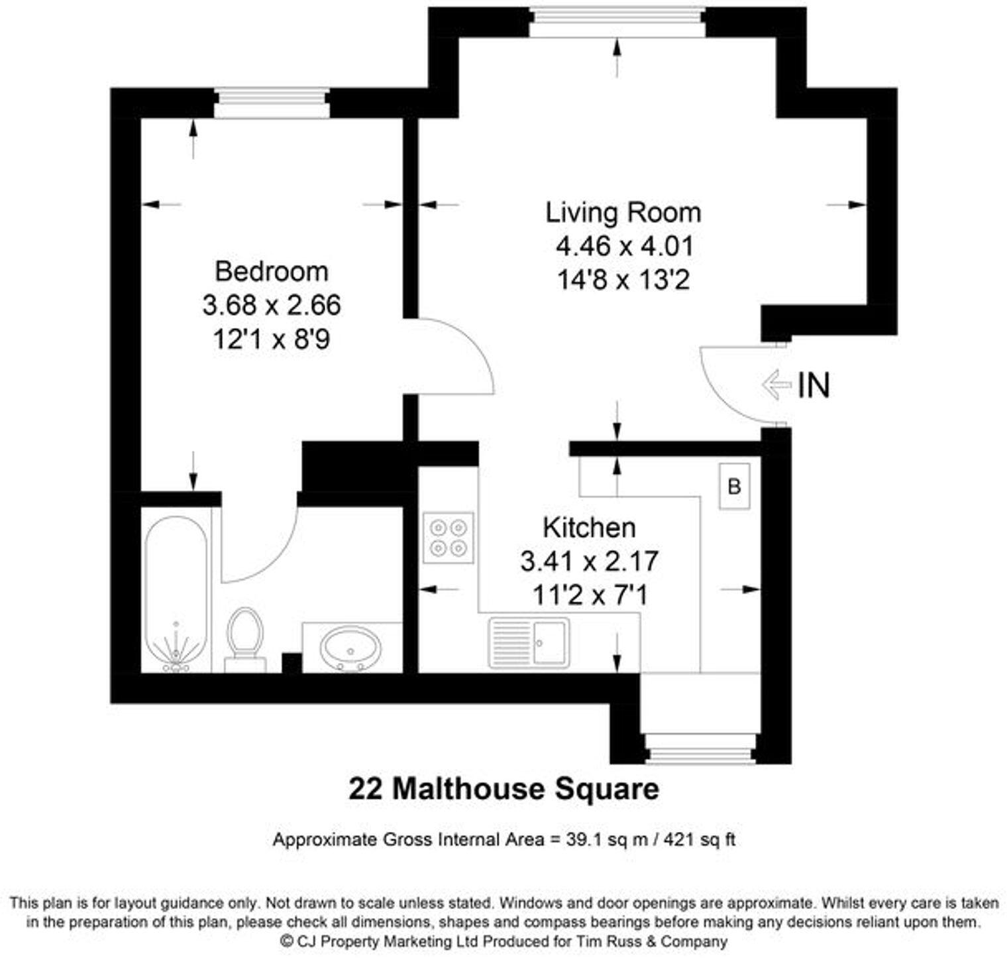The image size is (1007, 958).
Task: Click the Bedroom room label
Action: click(x=271, y=272)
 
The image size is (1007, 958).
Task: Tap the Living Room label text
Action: click(x=623, y=213)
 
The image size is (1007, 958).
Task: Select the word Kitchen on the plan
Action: click(x=589, y=528)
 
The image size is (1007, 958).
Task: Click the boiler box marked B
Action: click(x=734, y=487)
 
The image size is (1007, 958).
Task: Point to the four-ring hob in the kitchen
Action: click(x=449, y=538)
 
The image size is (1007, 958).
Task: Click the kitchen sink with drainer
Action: click(x=529, y=642)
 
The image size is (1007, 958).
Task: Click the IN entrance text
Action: click(x=814, y=385)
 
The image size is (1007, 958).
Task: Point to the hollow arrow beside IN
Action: click(x=776, y=385)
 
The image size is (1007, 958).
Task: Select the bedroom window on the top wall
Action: click(x=272, y=104)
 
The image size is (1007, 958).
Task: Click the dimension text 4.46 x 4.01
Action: click(x=624, y=247)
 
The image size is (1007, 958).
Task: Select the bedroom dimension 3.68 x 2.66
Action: click(x=271, y=306)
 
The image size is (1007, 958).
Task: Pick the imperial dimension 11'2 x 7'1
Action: click(x=590, y=595)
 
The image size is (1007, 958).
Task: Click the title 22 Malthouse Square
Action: click(x=503, y=789)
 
